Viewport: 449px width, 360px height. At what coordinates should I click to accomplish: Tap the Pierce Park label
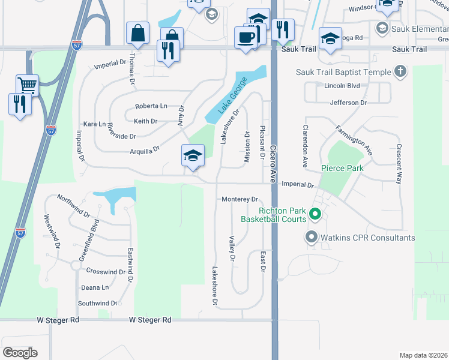(342, 168)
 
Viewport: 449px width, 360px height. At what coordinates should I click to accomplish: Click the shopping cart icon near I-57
(27, 85)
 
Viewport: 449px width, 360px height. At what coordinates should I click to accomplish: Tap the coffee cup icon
(246, 37)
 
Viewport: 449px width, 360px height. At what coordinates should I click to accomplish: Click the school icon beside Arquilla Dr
(193, 156)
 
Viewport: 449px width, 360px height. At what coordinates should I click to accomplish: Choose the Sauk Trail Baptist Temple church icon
(400, 72)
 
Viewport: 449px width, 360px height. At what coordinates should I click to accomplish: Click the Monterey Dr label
(239, 199)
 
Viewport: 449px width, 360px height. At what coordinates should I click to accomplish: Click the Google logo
(20, 353)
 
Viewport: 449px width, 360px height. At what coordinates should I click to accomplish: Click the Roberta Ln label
(151, 106)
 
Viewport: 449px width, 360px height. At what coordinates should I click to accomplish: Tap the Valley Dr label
(231, 248)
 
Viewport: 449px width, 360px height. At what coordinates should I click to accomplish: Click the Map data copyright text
(423, 355)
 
